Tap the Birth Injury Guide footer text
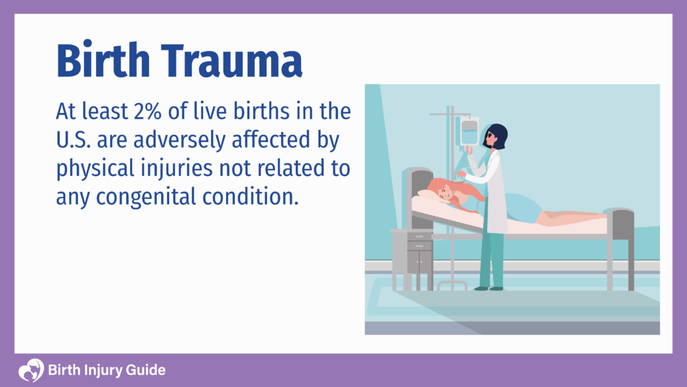pos(107,370)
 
